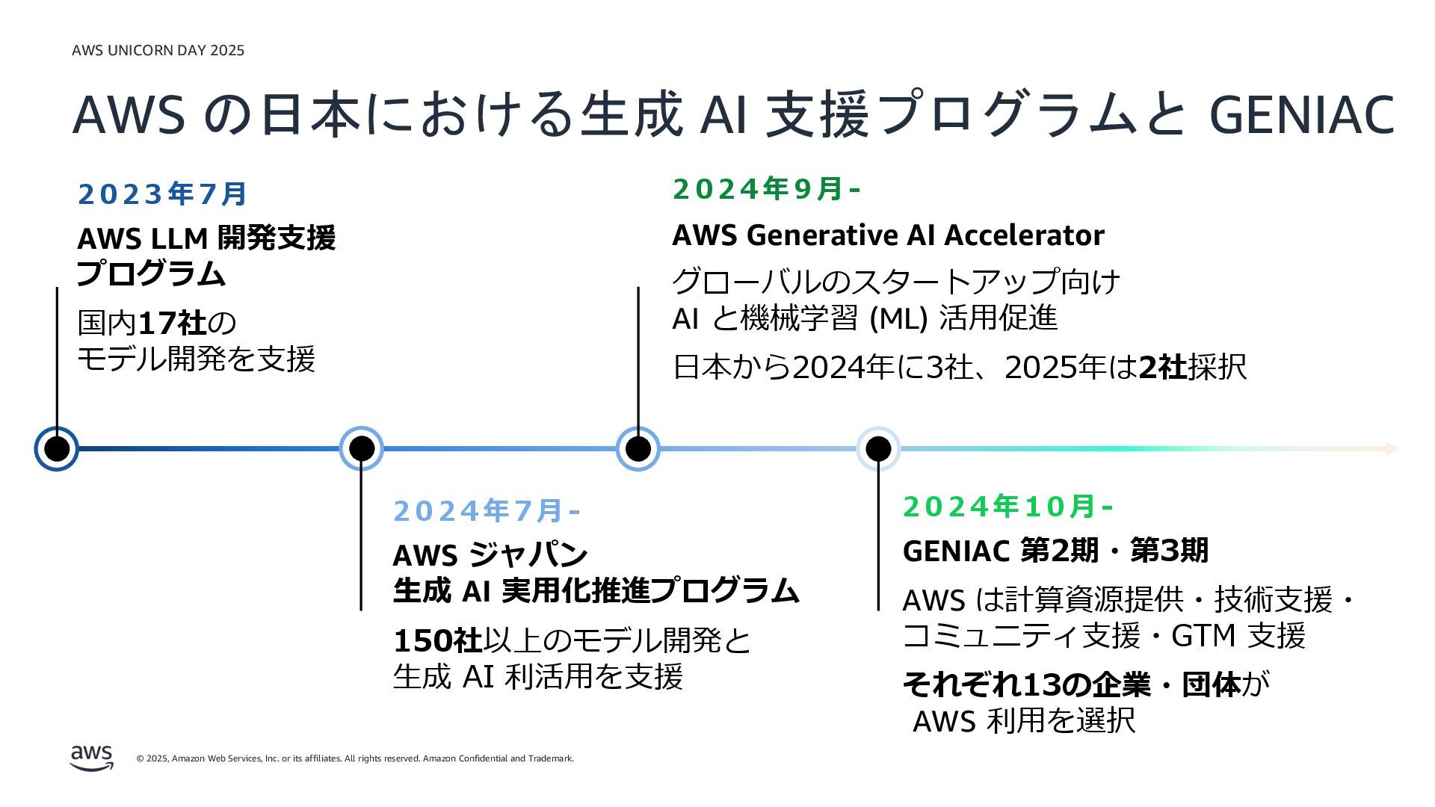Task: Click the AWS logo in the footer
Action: click(92, 757)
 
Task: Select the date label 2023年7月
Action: click(162, 194)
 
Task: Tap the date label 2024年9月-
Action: click(766, 189)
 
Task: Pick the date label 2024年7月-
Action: click(486, 511)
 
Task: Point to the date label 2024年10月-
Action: click(1007, 507)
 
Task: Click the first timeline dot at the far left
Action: click(57, 448)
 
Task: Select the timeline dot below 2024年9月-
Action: click(638, 448)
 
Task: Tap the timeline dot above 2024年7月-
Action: click(361, 448)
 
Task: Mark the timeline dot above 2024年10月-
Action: click(878, 448)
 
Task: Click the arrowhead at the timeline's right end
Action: click(1392, 448)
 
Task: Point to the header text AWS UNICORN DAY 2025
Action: click(158, 50)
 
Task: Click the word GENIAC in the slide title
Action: click(1301, 115)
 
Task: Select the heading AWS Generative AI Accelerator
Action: click(888, 235)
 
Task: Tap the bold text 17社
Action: click(173, 324)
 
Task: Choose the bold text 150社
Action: click(437, 640)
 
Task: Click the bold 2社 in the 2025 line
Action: click(1163, 367)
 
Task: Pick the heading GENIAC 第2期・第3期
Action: click(1055, 551)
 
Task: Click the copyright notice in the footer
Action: click(355, 758)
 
